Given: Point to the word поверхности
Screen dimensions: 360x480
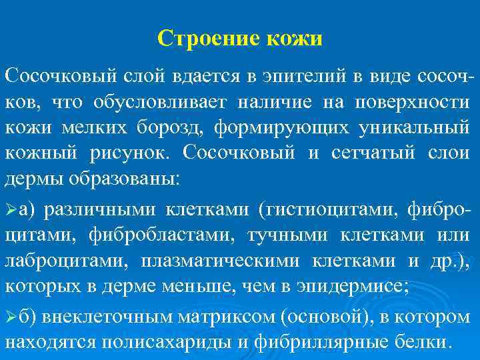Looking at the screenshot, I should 411,102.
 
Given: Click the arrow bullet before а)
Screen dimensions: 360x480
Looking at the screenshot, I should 11,210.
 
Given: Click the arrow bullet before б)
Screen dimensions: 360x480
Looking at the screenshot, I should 11,317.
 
